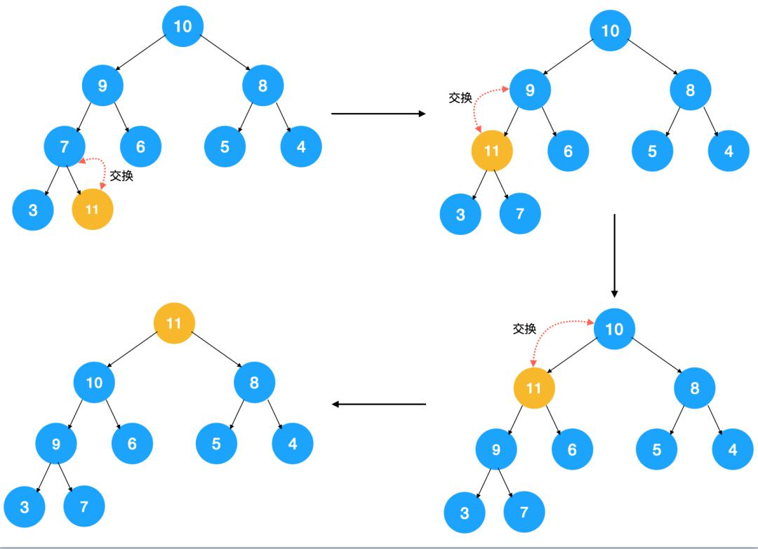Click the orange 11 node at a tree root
pyautogui.click(x=174, y=323)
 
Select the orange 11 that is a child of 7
pyautogui.click(x=92, y=209)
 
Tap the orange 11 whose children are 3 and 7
pyautogui.click(x=492, y=151)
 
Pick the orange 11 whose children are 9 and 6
pyautogui.click(x=534, y=388)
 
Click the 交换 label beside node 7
pyautogui.click(x=121, y=176)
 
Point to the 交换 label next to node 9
pyautogui.click(x=460, y=98)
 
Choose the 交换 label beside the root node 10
pyautogui.click(x=524, y=329)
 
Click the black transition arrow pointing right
pyautogui.click(x=378, y=114)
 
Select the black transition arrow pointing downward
pyautogui.click(x=614, y=255)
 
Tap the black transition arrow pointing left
pyautogui.click(x=379, y=405)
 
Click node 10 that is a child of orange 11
pyautogui.click(x=94, y=383)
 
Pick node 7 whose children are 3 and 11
pyautogui.click(x=65, y=147)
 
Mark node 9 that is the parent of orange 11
pyautogui.click(x=530, y=89)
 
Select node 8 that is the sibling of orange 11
pyautogui.click(x=695, y=388)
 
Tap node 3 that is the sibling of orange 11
pyautogui.click(x=33, y=209)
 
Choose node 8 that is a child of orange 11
pyautogui.click(x=254, y=383)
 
